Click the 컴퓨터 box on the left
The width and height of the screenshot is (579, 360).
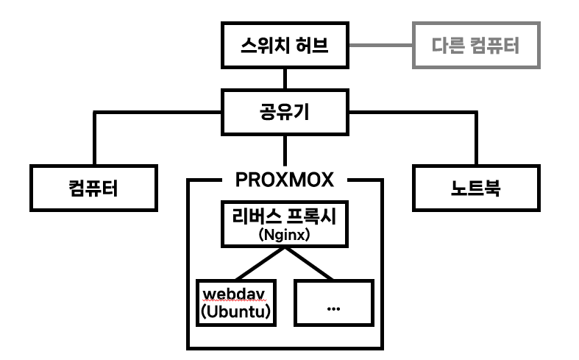[94, 188]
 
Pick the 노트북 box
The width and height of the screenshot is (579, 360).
[475, 188]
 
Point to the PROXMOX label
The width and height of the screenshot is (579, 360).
[284, 179]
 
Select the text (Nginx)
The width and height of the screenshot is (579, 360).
[283, 235]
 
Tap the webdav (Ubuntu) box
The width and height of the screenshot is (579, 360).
[235, 302]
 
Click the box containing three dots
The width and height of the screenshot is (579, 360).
[334, 302]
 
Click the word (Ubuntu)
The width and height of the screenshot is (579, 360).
[235, 312]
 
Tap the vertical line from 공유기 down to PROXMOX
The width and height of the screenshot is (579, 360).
[284, 151]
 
